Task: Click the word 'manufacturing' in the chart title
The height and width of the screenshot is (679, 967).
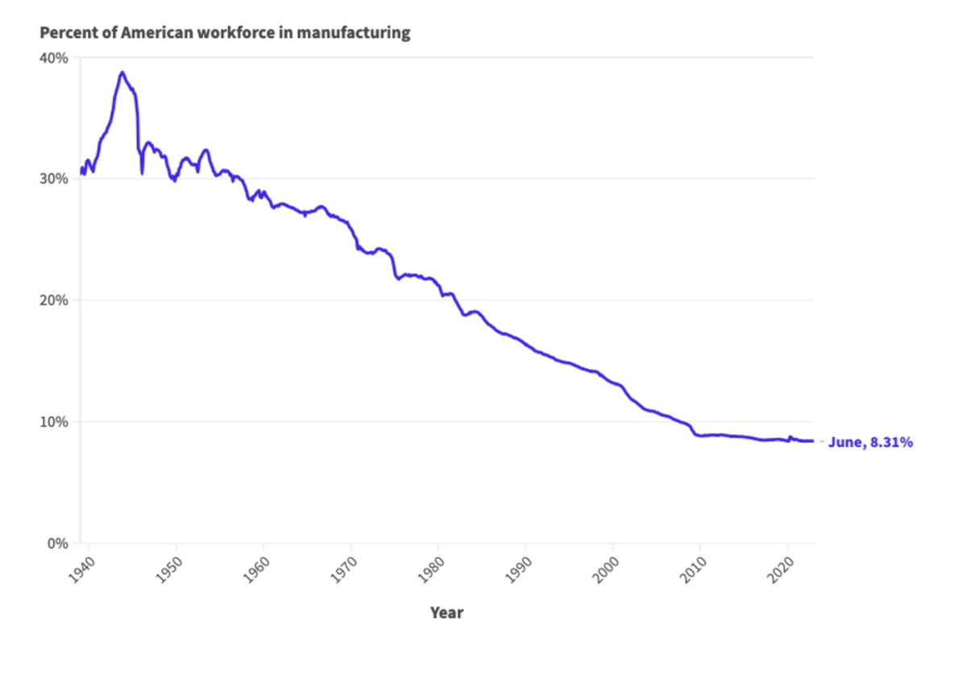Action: [354, 33]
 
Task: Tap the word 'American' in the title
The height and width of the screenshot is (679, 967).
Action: [156, 33]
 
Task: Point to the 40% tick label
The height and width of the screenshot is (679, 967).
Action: [54, 58]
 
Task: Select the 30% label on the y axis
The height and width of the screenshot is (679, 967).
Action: [54, 179]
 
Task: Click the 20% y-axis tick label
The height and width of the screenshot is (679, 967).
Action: [54, 300]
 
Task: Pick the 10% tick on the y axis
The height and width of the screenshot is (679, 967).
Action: [54, 422]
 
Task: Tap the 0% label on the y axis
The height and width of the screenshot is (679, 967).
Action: [58, 544]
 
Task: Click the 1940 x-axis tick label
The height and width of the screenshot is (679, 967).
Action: [81, 570]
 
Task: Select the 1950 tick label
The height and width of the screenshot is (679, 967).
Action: [168, 570]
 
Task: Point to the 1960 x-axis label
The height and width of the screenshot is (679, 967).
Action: [256, 570]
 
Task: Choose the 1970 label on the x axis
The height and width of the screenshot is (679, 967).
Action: [343, 570]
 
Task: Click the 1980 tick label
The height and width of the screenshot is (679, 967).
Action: [431, 570]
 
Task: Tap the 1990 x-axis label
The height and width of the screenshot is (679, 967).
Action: [518, 570]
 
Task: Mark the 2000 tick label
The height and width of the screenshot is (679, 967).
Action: [606, 570]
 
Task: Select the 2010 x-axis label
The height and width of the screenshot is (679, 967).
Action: [693, 570]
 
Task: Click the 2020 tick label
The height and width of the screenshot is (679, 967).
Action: [781, 570]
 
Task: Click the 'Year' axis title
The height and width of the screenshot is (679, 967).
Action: [446, 613]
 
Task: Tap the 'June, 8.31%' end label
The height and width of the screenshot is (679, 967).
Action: [870, 443]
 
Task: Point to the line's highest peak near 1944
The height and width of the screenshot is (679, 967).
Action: [122, 72]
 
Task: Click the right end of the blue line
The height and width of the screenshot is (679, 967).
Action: [813, 441]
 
